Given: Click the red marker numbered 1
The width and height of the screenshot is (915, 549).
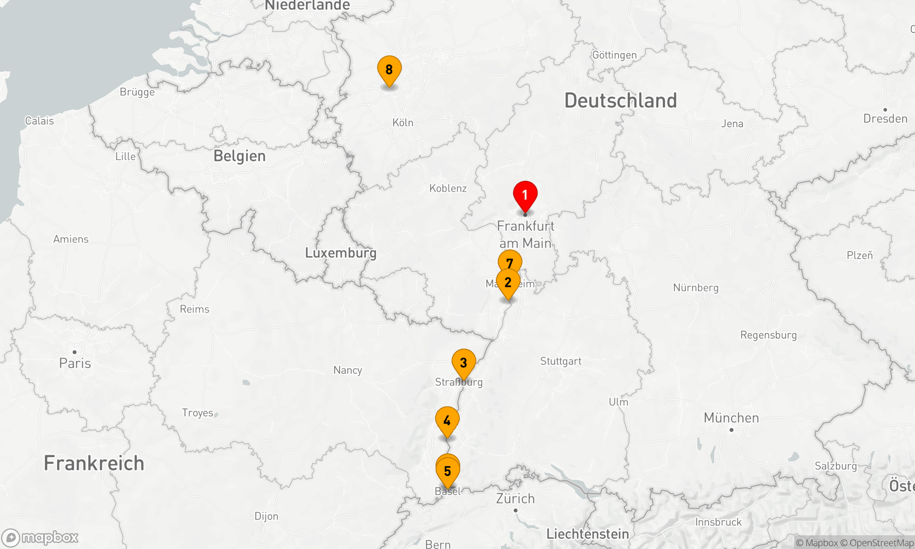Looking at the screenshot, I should tap(525, 195).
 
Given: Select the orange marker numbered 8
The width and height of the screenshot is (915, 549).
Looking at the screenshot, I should tap(389, 70).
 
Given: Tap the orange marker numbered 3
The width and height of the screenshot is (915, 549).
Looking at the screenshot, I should tap(463, 362).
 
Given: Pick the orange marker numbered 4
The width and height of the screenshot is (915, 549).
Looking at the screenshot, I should tap(447, 420).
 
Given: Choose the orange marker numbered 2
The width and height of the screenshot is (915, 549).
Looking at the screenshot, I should tap(508, 282).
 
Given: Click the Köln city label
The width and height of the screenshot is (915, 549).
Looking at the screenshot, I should tap(403, 123).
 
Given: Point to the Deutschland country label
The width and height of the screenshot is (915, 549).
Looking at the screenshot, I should tap(620, 101).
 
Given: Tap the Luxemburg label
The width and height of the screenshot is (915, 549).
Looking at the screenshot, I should tap(341, 253).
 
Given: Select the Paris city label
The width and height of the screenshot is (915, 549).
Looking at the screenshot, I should tap(75, 363).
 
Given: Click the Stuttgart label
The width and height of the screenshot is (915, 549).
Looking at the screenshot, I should tap(560, 361).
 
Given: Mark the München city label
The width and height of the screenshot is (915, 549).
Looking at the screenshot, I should tap(731, 418).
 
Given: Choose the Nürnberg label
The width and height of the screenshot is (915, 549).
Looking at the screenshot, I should tap(695, 288).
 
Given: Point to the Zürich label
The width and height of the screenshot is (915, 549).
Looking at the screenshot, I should tap(516, 498).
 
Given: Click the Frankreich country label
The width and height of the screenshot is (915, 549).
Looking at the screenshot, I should tap(94, 463).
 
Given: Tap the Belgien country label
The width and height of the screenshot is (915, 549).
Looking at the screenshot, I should tap(239, 156).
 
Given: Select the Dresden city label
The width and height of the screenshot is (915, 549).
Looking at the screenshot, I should tap(885, 118).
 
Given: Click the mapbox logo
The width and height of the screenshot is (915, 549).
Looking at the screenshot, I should tap(40, 538).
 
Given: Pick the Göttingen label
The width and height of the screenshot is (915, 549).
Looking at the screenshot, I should tap(614, 55).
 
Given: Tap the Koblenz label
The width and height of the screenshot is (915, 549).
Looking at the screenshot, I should tap(448, 188).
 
